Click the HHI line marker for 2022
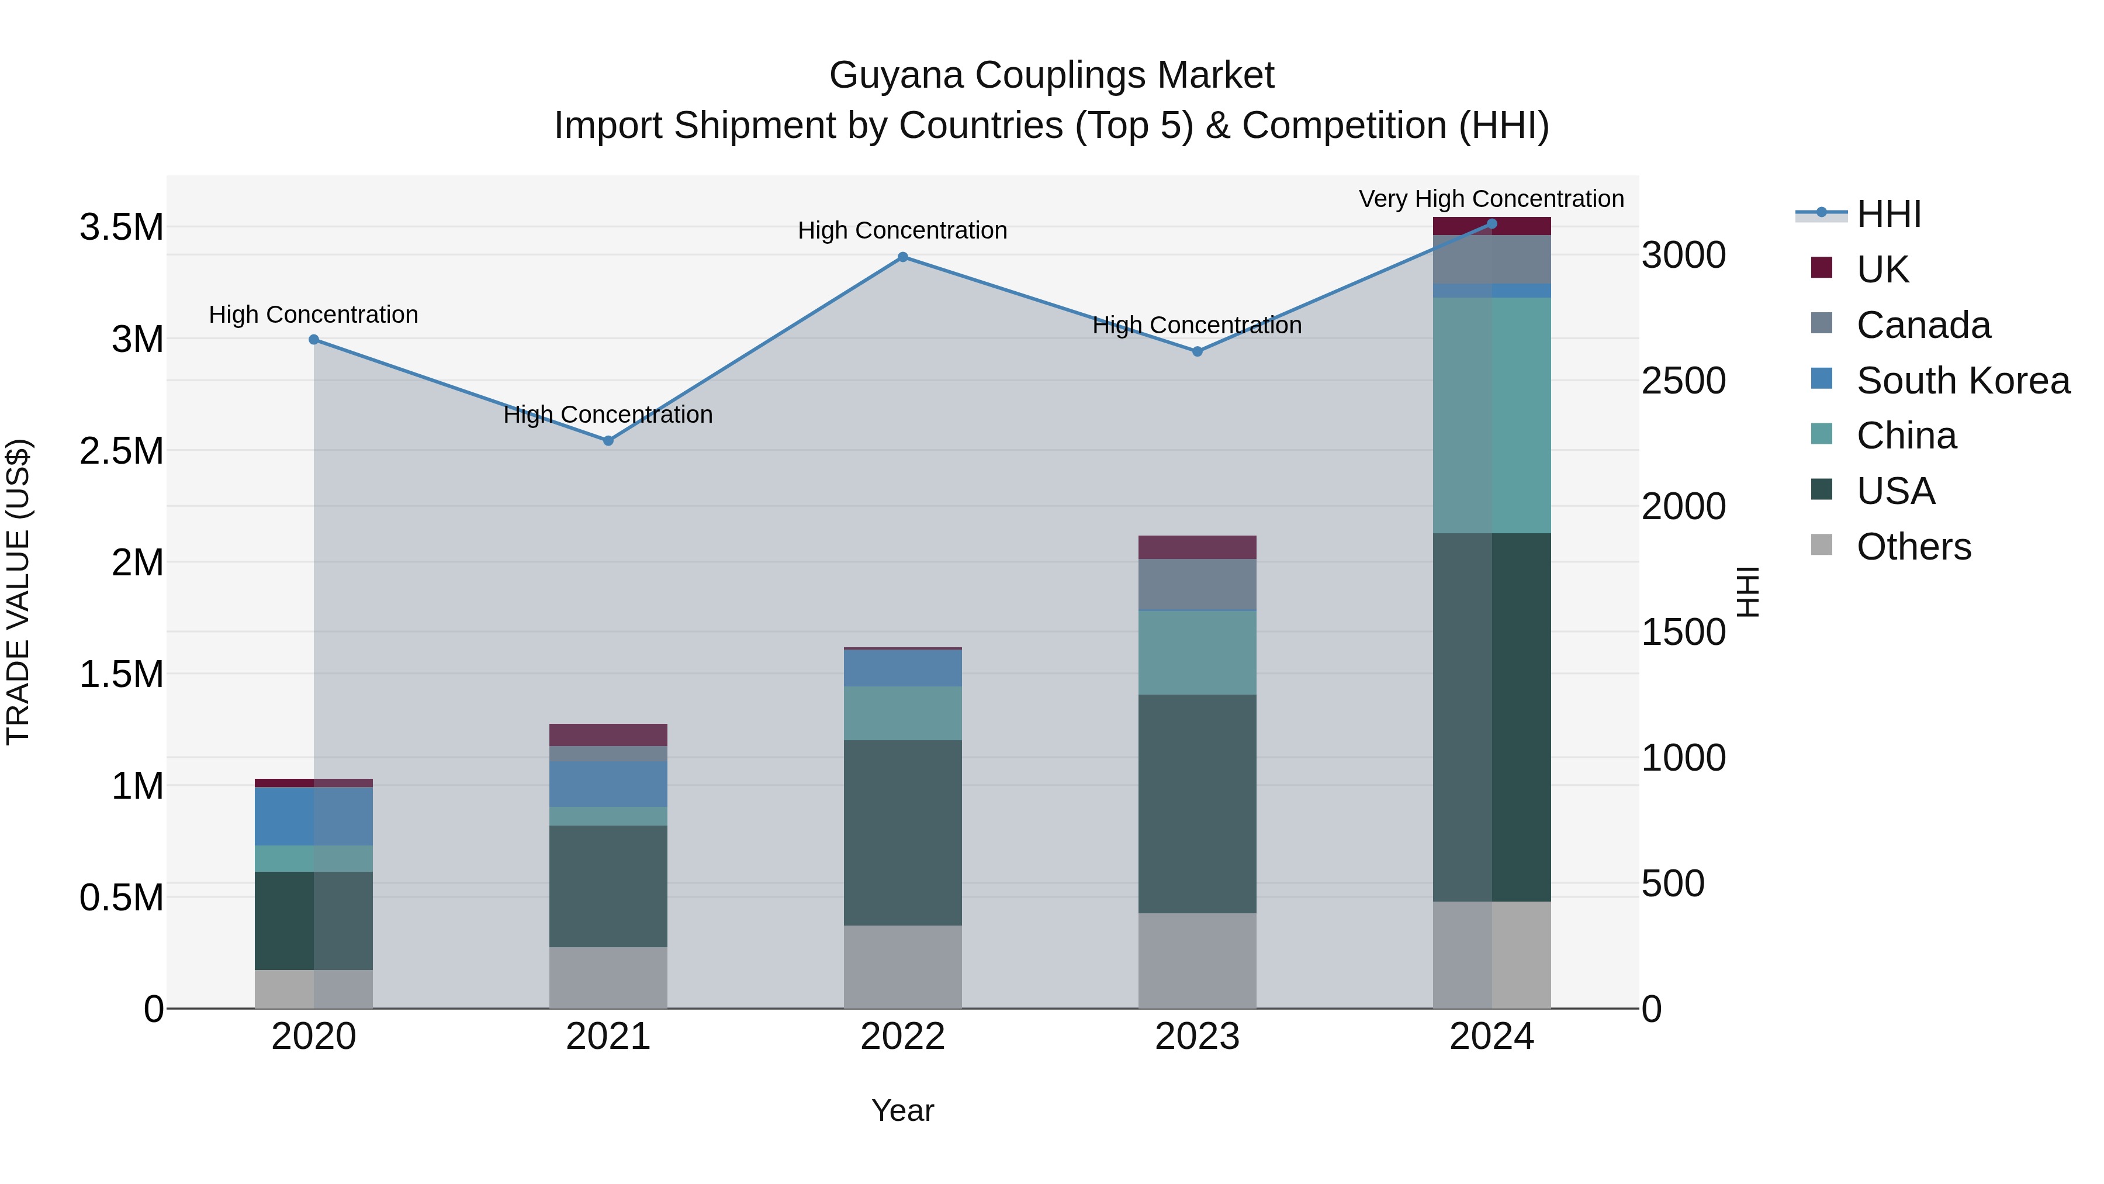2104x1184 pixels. point(902,257)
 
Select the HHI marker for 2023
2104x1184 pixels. point(1198,352)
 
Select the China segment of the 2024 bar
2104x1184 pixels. point(1492,415)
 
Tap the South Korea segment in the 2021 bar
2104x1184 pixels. point(608,785)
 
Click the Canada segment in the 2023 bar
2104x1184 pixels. point(1198,585)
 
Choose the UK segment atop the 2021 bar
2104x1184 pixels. point(608,734)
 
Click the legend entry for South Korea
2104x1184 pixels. point(1963,381)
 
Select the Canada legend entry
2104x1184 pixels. point(1923,325)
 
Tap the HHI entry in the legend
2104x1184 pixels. point(1888,214)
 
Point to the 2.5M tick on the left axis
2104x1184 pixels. point(122,451)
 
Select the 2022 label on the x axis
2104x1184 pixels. point(902,1037)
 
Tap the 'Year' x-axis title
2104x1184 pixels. point(902,1110)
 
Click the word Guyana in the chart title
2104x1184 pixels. point(896,75)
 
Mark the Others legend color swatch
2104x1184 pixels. point(1821,545)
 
